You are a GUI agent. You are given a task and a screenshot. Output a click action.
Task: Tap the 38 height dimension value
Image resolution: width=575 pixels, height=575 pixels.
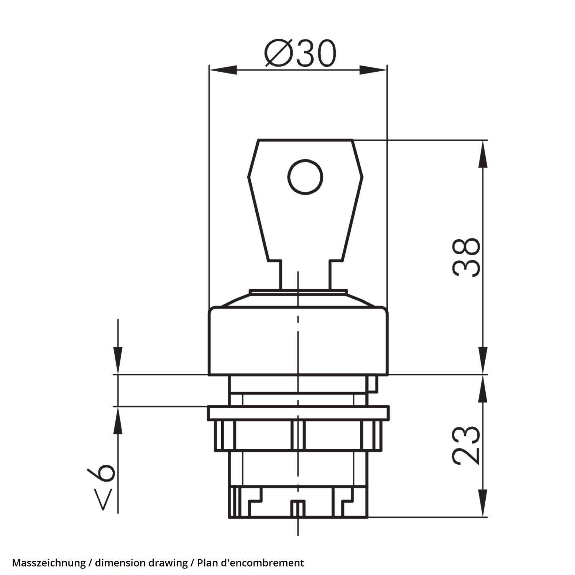click(x=466, y=257)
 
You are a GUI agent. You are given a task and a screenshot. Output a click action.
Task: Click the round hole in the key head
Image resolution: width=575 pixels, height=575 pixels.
click(x=305, y=177)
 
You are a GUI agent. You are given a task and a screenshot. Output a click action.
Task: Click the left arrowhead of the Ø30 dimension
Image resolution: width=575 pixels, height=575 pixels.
click(x=223, y=70)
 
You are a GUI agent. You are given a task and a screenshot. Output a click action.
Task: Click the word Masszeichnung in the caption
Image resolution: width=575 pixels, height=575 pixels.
click(x=49, y=563)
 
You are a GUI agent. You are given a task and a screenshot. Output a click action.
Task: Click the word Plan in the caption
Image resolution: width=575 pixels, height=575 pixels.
click(x=205, y=563)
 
